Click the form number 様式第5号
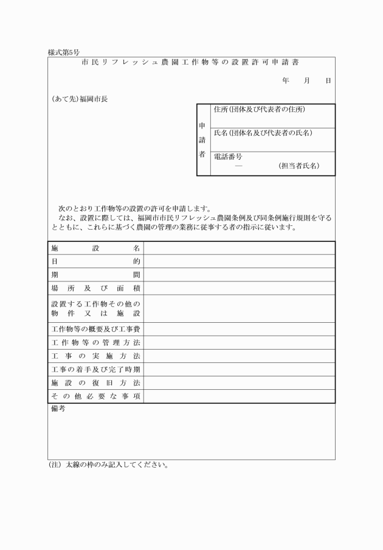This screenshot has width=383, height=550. pos(64,52)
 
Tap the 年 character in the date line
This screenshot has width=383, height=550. pos(286,80)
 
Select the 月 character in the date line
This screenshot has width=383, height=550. pos(307,80)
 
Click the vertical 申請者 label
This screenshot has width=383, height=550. pos(203,140)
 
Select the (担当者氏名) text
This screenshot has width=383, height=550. pos(298,166)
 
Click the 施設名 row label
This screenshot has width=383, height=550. pos(96,248)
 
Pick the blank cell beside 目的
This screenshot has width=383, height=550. pos(239,261)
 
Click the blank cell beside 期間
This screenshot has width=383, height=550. pos(239,275)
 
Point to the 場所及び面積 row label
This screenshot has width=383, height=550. pos(96,288)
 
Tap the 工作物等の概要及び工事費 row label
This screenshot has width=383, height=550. pos(96,330)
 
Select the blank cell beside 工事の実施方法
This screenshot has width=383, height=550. pos(239,356)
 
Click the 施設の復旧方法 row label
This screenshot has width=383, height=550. pos(96,383)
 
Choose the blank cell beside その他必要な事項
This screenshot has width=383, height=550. pos(239,397)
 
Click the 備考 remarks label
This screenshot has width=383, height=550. pos(58,409)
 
